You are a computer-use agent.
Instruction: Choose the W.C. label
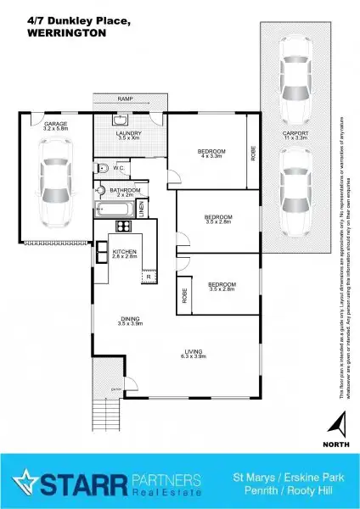click(119, 168)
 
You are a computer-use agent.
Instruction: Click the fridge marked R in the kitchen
click(148, 276)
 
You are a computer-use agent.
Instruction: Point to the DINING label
click(130, 319)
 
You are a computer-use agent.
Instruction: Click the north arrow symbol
click(339, 422)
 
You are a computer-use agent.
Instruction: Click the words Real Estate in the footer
click(166, 492)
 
